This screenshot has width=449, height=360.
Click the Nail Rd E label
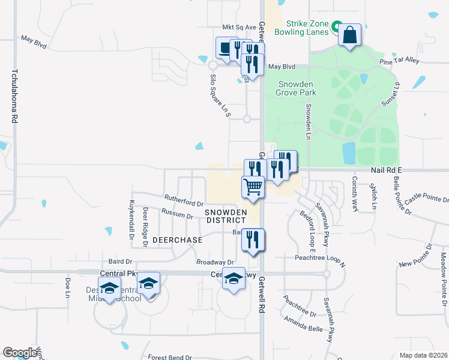[x=385, y=170]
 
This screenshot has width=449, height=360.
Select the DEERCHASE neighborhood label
[x=177, y=239]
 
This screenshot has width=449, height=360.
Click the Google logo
[x=20, y=353]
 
